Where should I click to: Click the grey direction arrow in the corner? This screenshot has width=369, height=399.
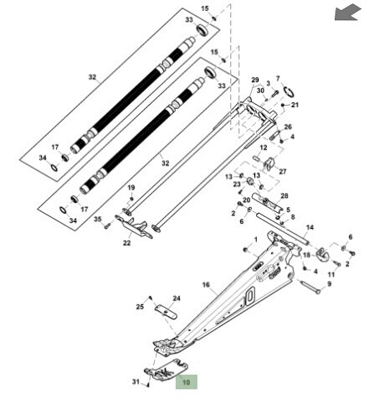(x=347, y=13)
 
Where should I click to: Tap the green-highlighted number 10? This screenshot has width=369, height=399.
(x=186, y=382)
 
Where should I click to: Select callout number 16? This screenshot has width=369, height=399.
(x=206, y=285)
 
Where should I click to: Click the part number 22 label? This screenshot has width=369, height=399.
(x=127, y=243)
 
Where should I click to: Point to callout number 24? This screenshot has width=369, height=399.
(x=177, y=298)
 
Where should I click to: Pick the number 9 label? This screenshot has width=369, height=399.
(x=330, y=284)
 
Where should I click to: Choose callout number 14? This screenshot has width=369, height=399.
(x=310, y=227)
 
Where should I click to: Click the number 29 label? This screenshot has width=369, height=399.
(x=255, y=80)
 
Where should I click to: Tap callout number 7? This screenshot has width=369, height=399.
(x=278, y=79)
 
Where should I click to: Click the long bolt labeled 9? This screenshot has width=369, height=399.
(x=309, y=287)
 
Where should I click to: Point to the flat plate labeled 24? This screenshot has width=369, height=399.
(x=166, y=312)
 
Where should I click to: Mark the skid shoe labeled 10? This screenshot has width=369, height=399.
(x=167, y=370)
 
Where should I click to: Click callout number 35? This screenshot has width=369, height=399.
(x=97, y=219)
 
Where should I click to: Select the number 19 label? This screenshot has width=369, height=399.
(x=131, y=188)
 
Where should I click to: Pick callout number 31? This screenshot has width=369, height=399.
(x=136, y=381)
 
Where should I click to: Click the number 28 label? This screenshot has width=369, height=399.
(x=284, y=196)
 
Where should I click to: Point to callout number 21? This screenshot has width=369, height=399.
(x=295, y=105)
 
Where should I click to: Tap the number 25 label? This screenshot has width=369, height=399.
(x=140, y=307)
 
